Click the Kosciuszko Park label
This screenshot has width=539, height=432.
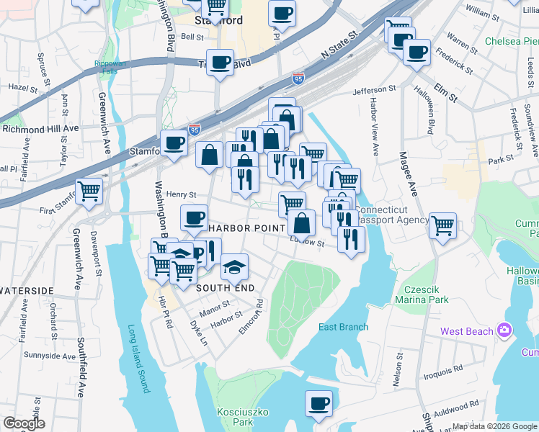tap(235, 416)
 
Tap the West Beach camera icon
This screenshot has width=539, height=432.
tap(504, 330)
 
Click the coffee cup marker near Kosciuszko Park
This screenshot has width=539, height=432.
tap(318, 404)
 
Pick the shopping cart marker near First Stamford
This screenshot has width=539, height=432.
tap(89, 192)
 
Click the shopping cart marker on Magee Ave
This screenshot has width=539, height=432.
tap(442, 225)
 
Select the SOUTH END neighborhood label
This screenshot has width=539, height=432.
tap(226, 288)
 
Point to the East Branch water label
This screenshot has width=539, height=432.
tap(344, 327)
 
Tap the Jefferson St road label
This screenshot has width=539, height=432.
tap(375, 91)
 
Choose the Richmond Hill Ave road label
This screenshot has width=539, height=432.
tap(40, 129)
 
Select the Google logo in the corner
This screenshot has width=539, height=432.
tap(24, 423)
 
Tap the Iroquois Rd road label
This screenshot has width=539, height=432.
tap(444, 371)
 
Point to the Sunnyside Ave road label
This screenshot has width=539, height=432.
tap(49, 356)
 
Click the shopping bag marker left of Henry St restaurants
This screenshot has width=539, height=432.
tap(209, 155)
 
